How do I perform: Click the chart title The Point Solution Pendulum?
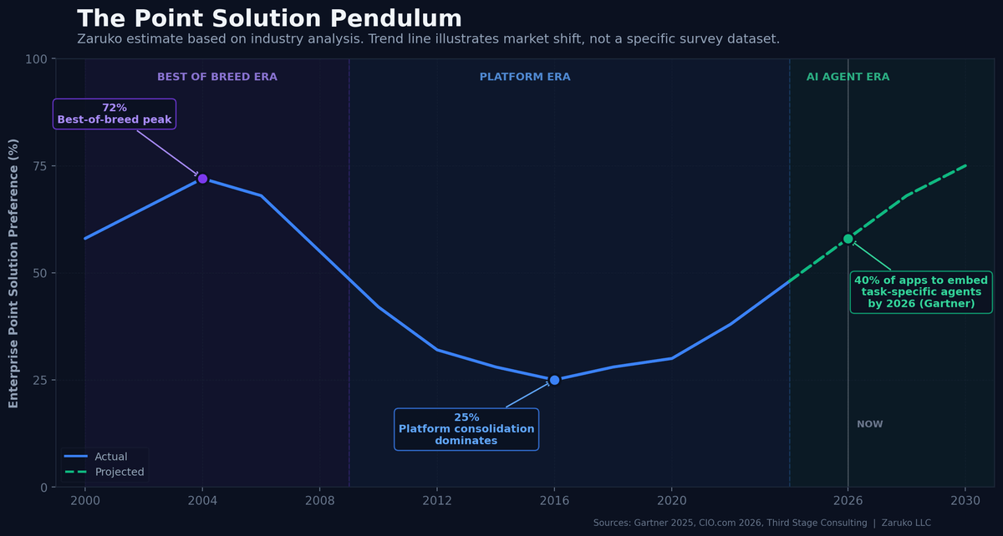pyautogui.click(x=269, y=18)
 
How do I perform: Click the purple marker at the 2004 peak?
pyautogui.click(x=202, y=179)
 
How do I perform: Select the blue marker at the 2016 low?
pyautogui.click(x=554, y=380)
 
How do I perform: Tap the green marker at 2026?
pyautogui.click(x=848, y=239)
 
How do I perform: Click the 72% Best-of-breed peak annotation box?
pyautogui.click(x=115, y=114)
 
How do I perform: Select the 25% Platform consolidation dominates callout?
pyautogui.click(x=466, y=429)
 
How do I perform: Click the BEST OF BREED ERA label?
pyautogui.click(x=217, y=77)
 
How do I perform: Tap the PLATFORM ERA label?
pyautogui.click(x=525, y=77)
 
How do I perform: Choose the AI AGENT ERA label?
pyautogui.click(x=848, y=77)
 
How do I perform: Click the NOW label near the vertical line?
pyautogui.click(x=870, y=424)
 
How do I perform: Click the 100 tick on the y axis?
pyautogui.click(x=38, y=58)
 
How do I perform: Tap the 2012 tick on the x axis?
pyautogui.click(x=437, y=501)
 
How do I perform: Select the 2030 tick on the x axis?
pyautogui.click(x=965, y=501)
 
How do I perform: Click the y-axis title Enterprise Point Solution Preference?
pyautogui.click(x=13, y=273)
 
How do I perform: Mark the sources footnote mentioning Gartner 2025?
pyautogui.click(x=761, y=523)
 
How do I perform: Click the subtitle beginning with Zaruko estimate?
pyautogui.click(x=428, y=39)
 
